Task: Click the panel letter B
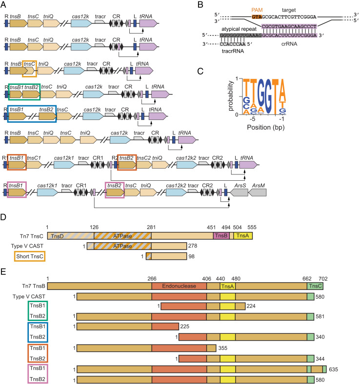coord(200,4)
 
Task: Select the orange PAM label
coord(257,10)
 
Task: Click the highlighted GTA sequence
coord(257,17)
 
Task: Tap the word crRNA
coord(289,44)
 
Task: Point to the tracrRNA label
coord(233,51)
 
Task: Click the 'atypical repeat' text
coord(239,29)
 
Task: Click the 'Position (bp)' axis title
coord(266,127)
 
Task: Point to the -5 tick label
coord(252,119)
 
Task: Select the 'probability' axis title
coord(230,96)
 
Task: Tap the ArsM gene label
coord(259,186)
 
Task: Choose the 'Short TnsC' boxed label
coord(30,256)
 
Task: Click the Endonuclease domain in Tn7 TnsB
coord(179,286)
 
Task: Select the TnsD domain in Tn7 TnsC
coord(71,236)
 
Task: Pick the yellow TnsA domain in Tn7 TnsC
coord(242,236)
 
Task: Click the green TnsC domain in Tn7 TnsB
coord(315,286)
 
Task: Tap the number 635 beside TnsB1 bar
coord(333,369)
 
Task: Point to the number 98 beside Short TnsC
coord(191,256)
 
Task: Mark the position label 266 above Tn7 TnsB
coord(152,279)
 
